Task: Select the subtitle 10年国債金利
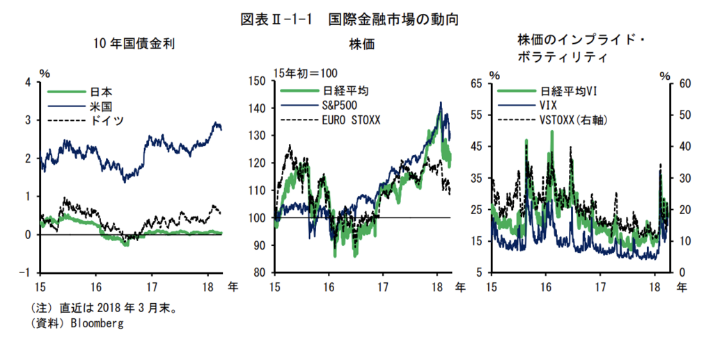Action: [x=134, y=44]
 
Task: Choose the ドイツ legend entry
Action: [x=107, y=120]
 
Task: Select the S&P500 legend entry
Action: [x=340, y=106]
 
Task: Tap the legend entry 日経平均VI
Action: [x=570, y=92]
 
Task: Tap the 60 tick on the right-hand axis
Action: [x=685, y=83]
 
